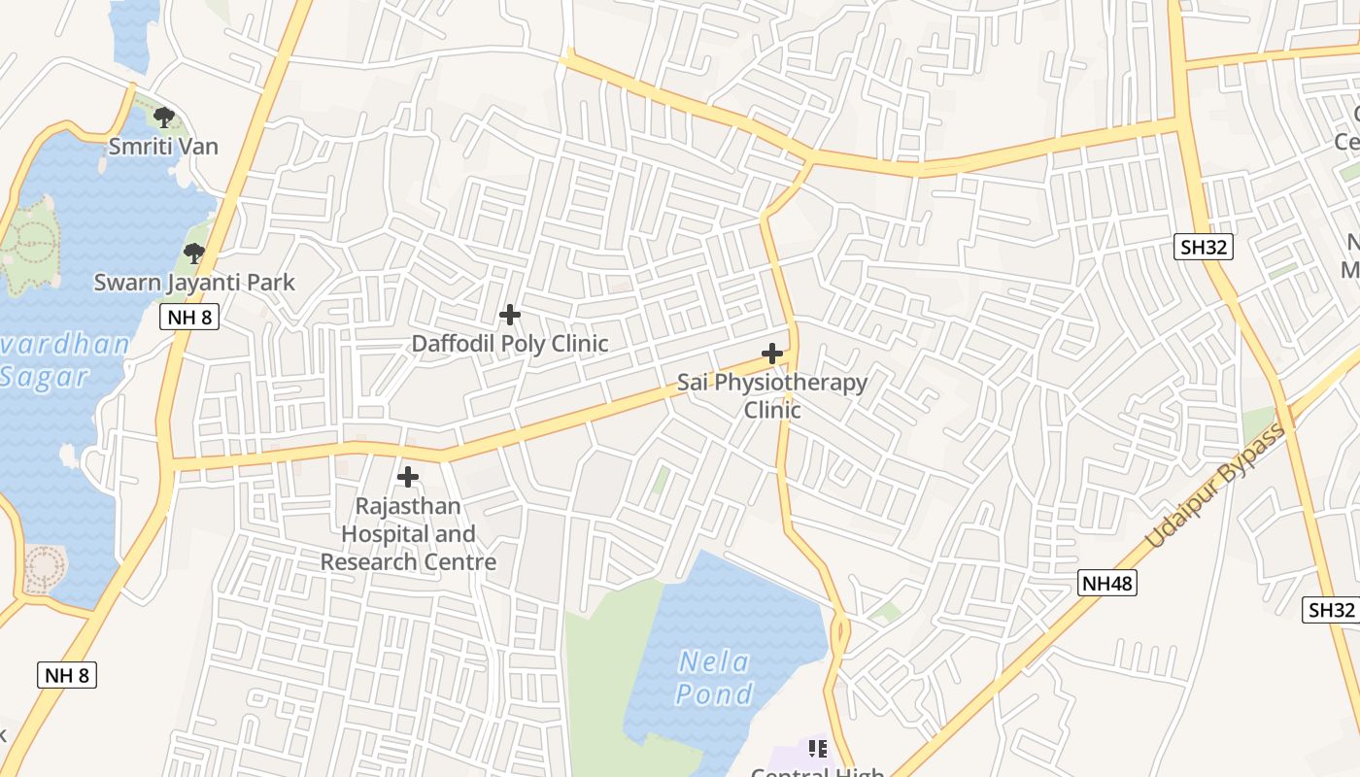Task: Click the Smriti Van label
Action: (163, 147)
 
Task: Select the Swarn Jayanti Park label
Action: (194, 283)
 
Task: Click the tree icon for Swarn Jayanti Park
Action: (194, 253)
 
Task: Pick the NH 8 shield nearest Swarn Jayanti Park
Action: (188, 317)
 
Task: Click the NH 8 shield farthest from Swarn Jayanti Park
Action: (67, 675)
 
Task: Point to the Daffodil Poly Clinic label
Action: (510, 343)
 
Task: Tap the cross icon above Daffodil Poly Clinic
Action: (509, 315)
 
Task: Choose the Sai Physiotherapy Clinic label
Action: (772, 395)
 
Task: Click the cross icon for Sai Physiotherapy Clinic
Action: (772, 354)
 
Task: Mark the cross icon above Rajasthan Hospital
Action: (408, 477)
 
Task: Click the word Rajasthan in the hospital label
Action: (408, 506)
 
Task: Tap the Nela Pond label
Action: (714, 678)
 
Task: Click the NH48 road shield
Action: (1107, 583)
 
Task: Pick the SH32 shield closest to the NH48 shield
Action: (1330, 609)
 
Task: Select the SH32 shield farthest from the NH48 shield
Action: (1204, 247)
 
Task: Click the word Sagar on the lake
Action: (44, 376)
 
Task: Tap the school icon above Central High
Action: (818, 748)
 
